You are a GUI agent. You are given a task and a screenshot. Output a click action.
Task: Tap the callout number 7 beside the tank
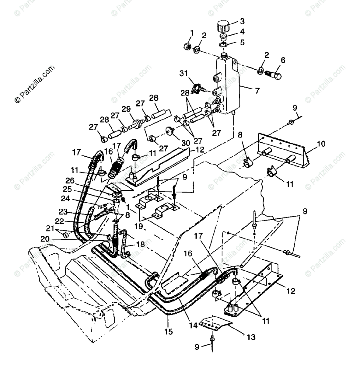[257, 90]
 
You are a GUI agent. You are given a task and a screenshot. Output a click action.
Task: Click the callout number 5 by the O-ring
[242, 42]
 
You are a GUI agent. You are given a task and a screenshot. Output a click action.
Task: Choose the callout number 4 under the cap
[242, 31]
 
